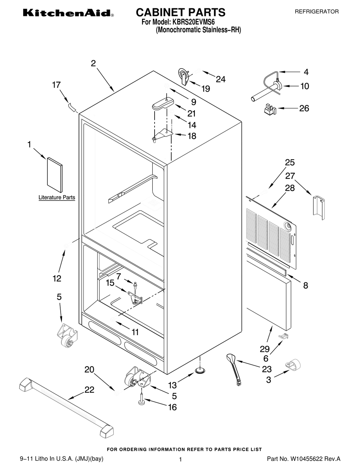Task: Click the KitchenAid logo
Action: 69,13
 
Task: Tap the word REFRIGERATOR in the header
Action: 316,12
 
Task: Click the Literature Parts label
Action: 57,197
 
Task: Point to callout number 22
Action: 89,390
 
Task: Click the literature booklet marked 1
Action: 55,175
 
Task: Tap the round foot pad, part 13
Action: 200,371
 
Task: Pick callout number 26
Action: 304,108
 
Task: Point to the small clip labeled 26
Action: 270,108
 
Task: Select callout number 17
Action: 56,85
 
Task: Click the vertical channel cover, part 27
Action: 319,207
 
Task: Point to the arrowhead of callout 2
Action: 114,91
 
